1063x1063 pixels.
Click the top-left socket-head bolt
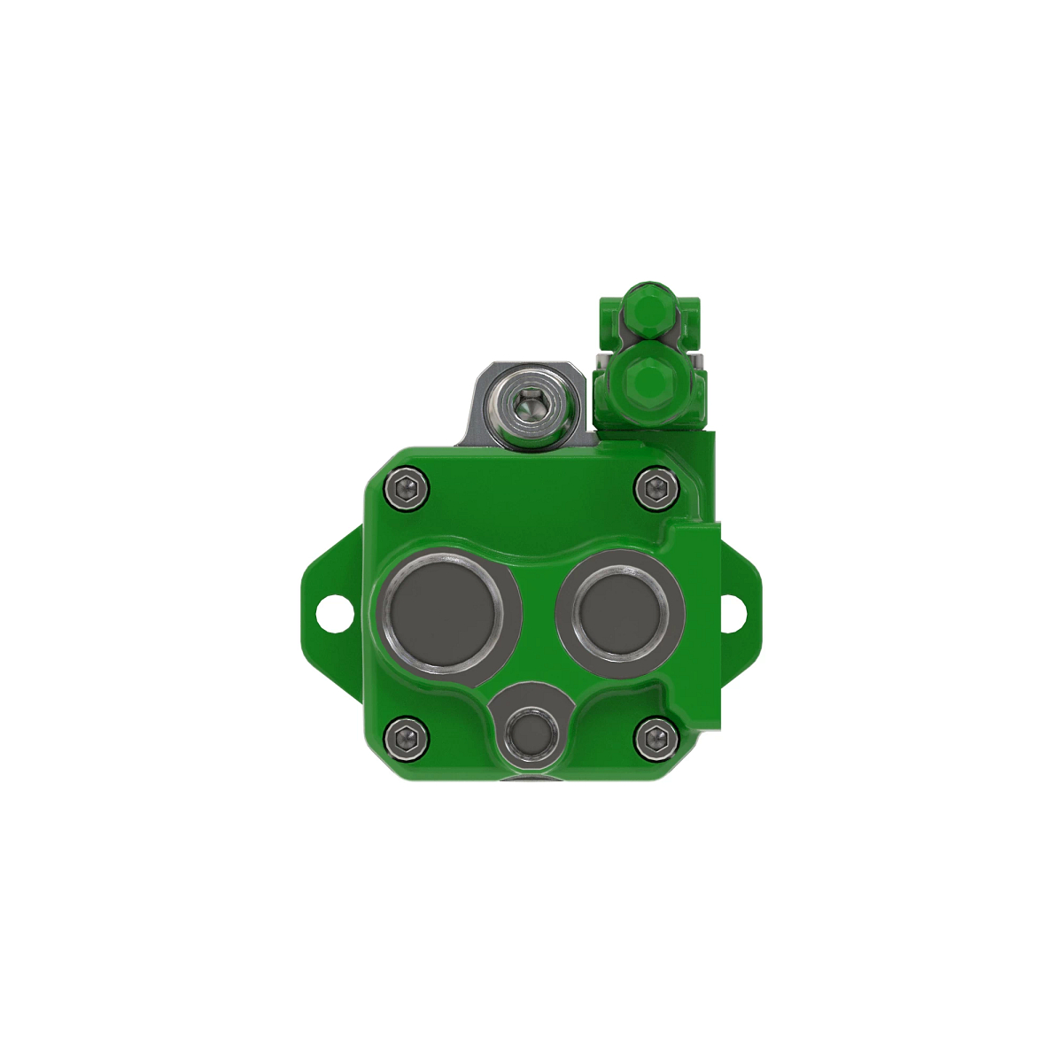click(407, 489)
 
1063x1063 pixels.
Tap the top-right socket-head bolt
click(656, 489)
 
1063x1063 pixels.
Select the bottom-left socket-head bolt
click(407, 738)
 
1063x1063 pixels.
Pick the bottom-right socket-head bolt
click(656, 738)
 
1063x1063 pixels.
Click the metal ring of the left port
click(384, 611)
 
